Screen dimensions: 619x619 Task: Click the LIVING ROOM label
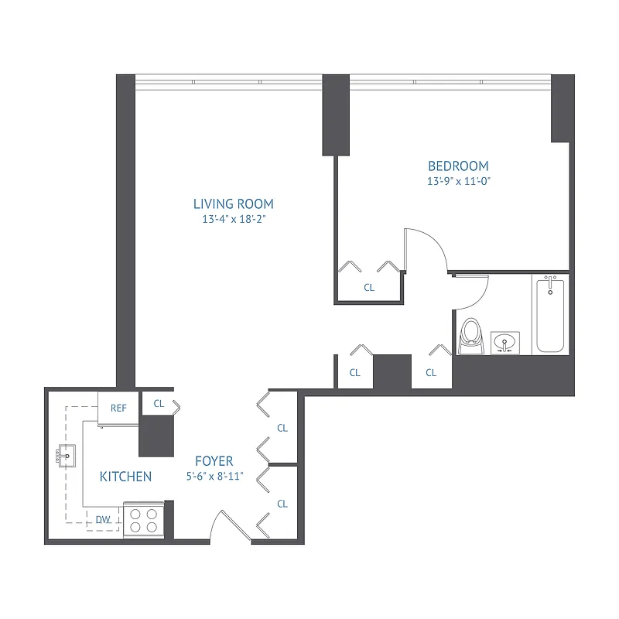coord(234,204)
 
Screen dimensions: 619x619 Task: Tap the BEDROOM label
coord(459,166)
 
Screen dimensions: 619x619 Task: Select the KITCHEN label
coord(125,477)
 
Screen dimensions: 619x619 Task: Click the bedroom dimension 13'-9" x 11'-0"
coord(459,181)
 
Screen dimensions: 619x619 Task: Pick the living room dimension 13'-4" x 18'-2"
coord(234,219)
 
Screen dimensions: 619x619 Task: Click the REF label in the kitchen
coord(118,408)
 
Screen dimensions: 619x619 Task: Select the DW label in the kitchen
coord(103,520)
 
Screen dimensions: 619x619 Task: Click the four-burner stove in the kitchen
coord(144,520)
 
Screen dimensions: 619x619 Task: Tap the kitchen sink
coord(66,457)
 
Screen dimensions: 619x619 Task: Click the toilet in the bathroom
coord(470,337)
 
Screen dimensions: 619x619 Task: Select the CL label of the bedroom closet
coord(369,288)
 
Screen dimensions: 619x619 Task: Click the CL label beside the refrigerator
coord(159,403)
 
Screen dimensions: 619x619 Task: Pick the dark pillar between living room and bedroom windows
coord(335,115)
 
